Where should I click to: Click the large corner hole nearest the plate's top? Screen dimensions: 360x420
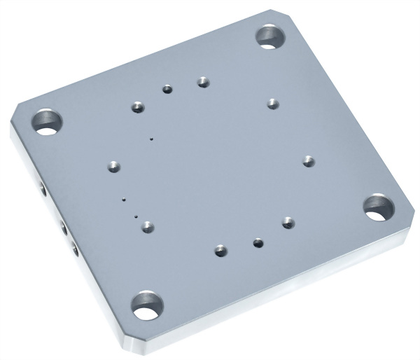(268, 35)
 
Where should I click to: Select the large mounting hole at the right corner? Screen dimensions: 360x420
(378, 207)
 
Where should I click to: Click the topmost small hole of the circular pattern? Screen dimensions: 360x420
(203, 81)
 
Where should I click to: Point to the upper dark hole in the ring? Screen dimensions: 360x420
(167, 89)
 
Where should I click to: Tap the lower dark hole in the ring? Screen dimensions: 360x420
(258, 242)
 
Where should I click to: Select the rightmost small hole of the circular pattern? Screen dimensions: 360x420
(308, 160)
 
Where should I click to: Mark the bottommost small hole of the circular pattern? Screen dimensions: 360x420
(221, 249)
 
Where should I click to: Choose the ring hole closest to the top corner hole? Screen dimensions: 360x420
(273, 103)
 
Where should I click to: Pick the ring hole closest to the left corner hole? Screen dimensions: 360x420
(137, 107)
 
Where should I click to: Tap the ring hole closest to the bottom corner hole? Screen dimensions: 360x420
(147, 225)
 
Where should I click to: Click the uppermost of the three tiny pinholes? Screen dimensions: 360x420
(150, 139)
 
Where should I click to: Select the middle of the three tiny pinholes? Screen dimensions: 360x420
(124, 199)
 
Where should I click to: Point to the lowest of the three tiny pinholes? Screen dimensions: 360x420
(136, 216)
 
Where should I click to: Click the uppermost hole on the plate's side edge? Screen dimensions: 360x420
(43, 190)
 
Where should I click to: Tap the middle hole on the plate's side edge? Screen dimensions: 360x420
(62, 227)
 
